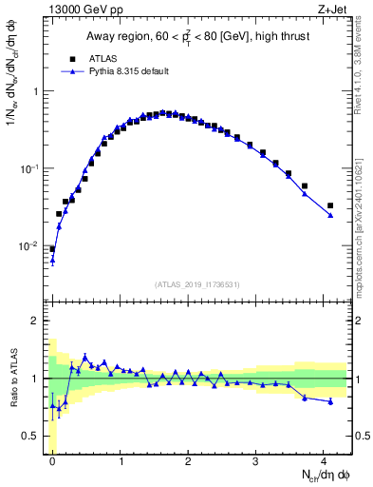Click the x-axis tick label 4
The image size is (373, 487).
tap(325, 460)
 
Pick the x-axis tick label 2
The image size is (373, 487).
tap(189, 460)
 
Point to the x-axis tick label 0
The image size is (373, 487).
tap(52, 460)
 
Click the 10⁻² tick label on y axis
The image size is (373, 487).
tap(28, 245)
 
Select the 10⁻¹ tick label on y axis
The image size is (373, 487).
tap(28, 168)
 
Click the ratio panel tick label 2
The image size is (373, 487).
tap(36, 321)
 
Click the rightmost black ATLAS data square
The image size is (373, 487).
tap(330, 205)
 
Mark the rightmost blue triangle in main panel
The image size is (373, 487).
tap(330, 215)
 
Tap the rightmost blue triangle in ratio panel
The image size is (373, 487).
tap(330, 401)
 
